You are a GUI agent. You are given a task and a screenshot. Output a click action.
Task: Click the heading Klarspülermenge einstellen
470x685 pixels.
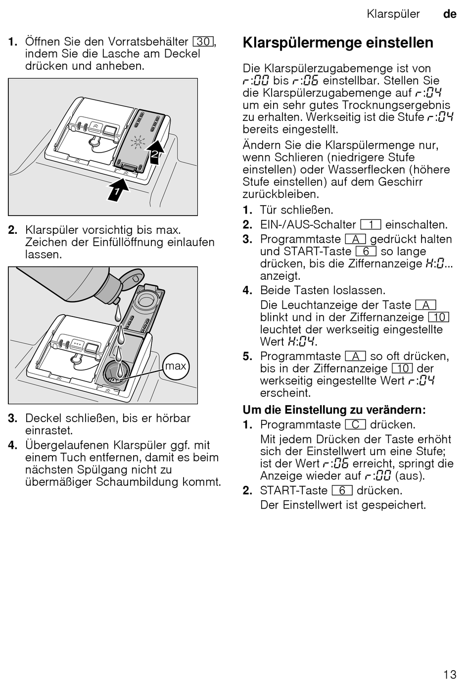[338, 43]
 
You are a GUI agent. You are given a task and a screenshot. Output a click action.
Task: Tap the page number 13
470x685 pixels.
[450, 674]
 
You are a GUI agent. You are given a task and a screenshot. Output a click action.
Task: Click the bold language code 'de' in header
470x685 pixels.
[450, 14]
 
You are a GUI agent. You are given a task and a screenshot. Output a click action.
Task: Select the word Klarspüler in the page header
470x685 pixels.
[393, 14]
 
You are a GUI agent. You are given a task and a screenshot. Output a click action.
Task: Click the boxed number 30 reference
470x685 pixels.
[203, 42]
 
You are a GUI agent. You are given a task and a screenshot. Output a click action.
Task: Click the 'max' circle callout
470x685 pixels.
[176, 366]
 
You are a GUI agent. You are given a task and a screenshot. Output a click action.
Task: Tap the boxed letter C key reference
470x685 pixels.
[355, 425]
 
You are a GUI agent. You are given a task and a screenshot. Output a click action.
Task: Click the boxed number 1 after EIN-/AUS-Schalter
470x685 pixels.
[371, 225]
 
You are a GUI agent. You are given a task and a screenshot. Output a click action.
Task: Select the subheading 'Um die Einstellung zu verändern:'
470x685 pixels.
[334, 410]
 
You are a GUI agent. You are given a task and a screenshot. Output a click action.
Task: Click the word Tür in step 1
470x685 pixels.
[270, 210]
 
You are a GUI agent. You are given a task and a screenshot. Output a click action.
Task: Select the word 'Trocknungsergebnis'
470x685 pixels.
[396, 105]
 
